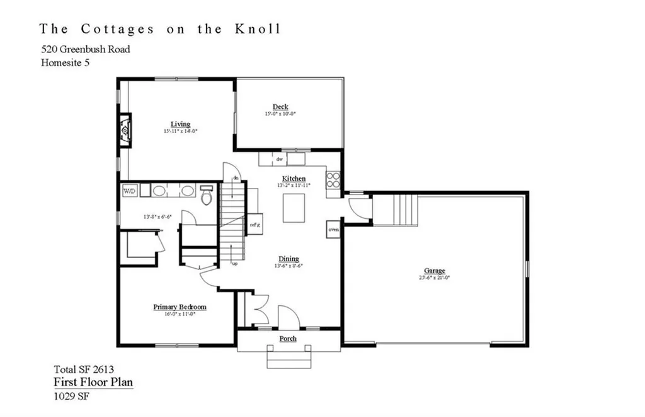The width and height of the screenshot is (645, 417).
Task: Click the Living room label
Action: (180, 124)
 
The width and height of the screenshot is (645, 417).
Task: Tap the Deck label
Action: (280, 107)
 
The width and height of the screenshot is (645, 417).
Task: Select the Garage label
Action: (435, 271)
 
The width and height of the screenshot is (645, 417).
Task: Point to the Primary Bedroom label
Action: (180, 307)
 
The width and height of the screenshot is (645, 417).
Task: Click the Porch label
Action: (288, 339)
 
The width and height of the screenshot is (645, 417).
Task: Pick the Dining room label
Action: (288, 259)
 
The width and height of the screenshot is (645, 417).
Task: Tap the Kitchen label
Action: (294, 179)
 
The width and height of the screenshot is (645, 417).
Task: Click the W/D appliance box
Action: (129, 190)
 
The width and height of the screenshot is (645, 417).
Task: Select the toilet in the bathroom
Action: (205, 195)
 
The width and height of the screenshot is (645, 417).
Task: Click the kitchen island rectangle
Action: (294, 208)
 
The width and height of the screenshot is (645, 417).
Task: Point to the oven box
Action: (333, 230)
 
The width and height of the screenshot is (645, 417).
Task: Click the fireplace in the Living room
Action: (126, 130)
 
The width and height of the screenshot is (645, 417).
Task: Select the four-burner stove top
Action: (333, 180)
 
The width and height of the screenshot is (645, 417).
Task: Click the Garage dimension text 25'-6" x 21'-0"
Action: (435, 278)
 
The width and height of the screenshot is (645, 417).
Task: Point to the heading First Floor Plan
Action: (93, 382)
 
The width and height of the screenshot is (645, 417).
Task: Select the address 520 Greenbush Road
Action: (86, 49)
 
